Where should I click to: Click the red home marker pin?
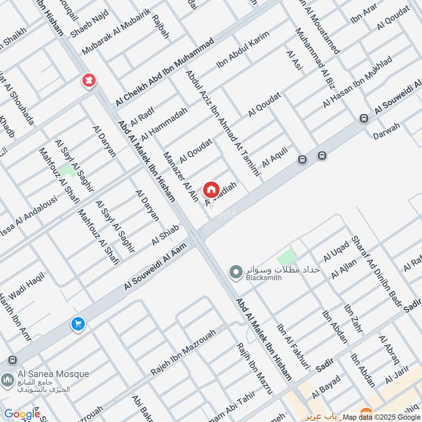click(x=211, y=189)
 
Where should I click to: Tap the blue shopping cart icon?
click(x=78, y=324)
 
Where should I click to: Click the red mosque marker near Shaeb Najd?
click(x=88, y=81)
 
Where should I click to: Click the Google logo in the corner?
click(x=22, y=414)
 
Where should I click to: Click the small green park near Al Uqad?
click(x=287, y=257)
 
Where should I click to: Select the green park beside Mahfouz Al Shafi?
click(x=66, y=170)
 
